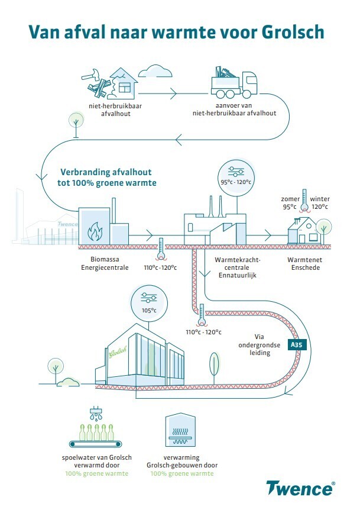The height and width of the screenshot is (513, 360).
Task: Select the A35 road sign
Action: (x=296, y=344)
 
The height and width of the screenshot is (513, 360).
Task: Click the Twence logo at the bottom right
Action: (x=301, y=489)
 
